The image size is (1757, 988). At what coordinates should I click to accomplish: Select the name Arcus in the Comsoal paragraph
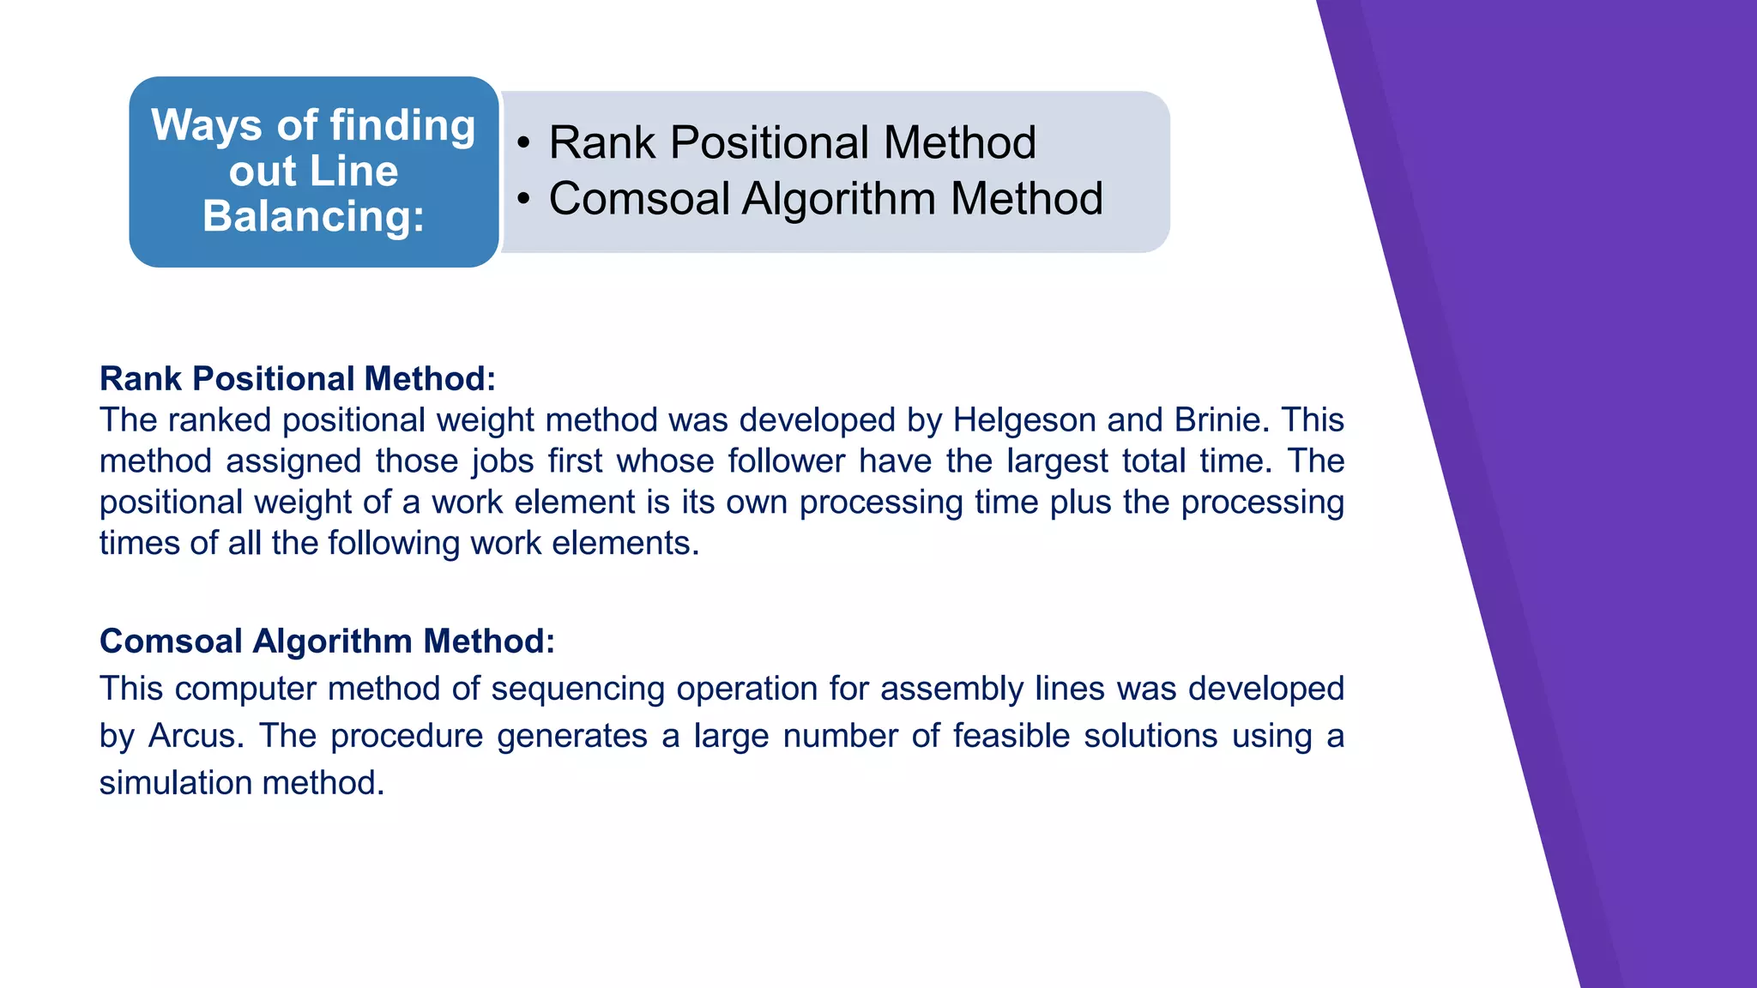[195, 736]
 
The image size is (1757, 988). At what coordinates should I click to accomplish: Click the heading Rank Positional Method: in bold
[298, 378]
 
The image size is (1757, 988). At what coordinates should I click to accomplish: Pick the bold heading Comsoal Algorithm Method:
[327, 641]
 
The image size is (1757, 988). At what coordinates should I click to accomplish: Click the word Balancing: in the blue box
[314, 216]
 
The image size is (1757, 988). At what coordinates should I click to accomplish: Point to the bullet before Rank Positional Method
[524, 142]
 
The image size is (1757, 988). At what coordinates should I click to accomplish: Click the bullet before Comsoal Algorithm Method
[524, 199]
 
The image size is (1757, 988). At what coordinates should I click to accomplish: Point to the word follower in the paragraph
[787, 461]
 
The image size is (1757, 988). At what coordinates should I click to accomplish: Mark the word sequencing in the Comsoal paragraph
[577, 689]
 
